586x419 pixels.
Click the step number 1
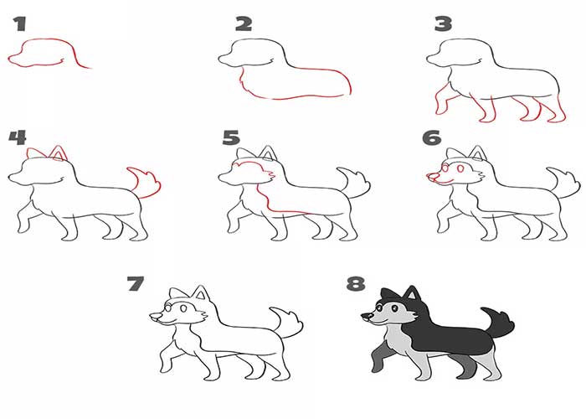pos(20,23)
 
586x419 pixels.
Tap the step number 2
pos(244,24)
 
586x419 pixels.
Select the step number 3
pos(443,24)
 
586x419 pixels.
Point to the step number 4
pos(18,137)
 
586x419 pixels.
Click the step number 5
pos(230,137)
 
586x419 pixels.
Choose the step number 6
pos(431,137)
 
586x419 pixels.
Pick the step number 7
pos(136,283)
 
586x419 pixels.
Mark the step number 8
pos(356,283)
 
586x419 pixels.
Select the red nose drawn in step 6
pos(432,175)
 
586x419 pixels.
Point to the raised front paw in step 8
pos(377,365)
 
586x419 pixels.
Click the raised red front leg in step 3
pos(443,100)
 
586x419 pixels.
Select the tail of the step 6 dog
pos(565,182)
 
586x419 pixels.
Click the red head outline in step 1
pos(44,41)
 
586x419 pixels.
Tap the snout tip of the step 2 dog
pos(219,59)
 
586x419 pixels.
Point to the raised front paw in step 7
pos(165,365)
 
